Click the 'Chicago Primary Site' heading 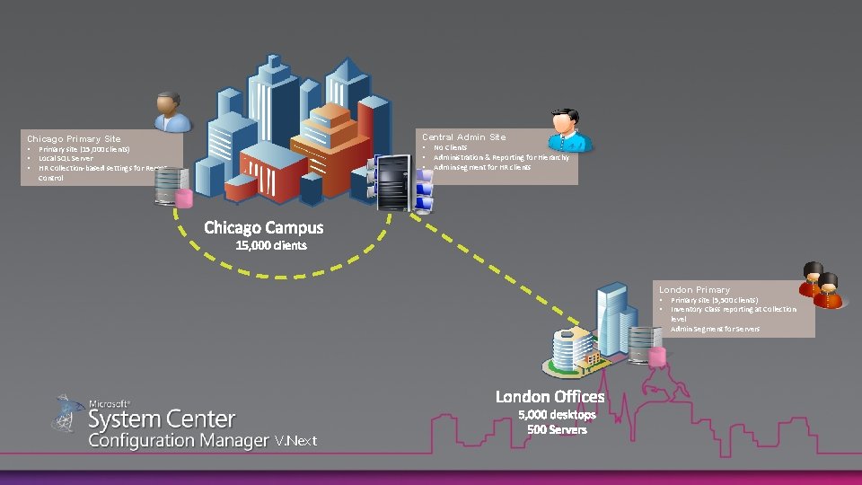74,139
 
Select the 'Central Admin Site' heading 464,137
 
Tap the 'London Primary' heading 694,290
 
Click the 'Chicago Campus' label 264,227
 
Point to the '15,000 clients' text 270,245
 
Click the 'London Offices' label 550,396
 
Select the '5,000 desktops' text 557,414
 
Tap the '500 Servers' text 557,429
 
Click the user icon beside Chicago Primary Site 170,112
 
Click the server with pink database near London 646,346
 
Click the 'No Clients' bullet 450,147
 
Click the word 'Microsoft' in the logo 110,404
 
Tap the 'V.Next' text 295,441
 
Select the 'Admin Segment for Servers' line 715,329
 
